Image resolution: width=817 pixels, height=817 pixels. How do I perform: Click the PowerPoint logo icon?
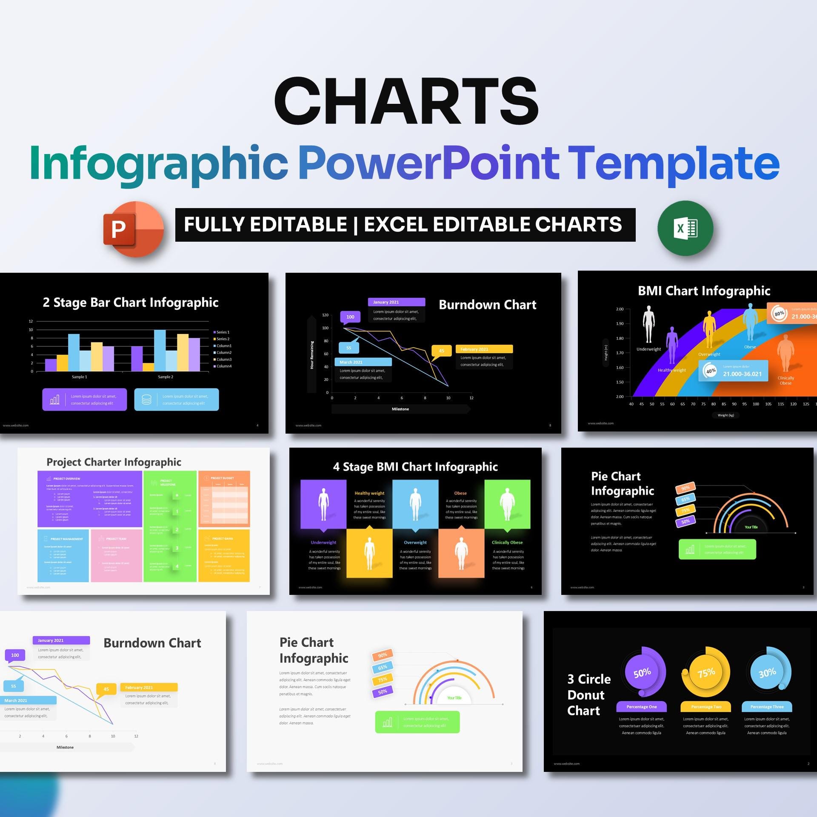[x=134, y=229]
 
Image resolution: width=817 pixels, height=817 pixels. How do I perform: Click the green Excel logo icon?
[x=685, y=229]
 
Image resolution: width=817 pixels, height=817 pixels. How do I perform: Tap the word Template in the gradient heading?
[x=674, y=163]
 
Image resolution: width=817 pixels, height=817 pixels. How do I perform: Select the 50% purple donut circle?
[x=643, y=673]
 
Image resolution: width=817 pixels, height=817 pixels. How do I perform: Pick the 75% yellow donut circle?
[x=706, y=673]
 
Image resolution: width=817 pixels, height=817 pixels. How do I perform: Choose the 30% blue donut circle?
[x=768, y=672]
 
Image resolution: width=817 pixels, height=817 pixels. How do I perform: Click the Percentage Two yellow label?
[x=706, y=707]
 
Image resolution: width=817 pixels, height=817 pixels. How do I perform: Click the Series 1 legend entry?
[x=223, y=332]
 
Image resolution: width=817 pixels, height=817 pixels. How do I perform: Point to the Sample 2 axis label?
[x=166, y=377]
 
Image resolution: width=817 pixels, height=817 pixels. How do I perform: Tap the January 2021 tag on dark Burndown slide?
[x=396, y=302]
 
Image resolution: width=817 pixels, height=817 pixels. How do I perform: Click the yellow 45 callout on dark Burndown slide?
[x=442, y=351]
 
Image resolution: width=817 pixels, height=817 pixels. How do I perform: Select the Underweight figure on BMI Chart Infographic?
[x=648, y=324]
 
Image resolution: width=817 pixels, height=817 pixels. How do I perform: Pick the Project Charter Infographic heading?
[x=114, y=462]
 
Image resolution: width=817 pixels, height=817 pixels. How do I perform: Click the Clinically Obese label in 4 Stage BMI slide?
[x=507, y=543]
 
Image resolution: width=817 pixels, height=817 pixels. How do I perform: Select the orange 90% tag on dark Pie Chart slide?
[x=685, y=488]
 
